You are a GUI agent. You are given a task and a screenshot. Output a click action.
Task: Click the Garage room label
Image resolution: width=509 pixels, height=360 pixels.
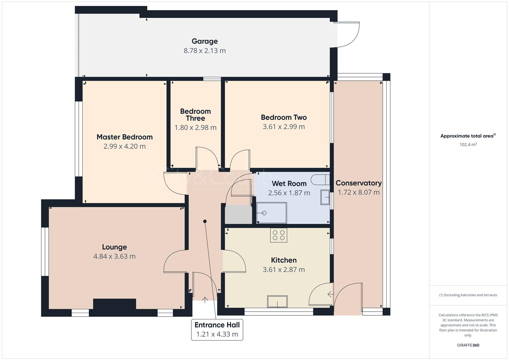[204, 41]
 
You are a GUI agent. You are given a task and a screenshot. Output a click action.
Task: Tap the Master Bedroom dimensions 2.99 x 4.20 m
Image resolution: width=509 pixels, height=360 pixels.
[124, 146]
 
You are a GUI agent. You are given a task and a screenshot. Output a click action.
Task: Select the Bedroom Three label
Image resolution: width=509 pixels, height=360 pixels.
[195, 115]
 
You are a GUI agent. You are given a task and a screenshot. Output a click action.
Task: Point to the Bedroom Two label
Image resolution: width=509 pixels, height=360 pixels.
[284, 117]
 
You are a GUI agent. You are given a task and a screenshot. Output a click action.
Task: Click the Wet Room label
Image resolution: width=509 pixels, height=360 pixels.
[289, 183]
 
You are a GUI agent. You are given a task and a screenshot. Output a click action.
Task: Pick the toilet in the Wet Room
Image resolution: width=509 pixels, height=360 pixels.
[320, 180]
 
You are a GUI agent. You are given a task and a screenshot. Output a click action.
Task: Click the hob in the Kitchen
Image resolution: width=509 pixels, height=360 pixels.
[279, 235]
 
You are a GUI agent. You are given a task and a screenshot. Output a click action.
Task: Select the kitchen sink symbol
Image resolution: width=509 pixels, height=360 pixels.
[277, 302]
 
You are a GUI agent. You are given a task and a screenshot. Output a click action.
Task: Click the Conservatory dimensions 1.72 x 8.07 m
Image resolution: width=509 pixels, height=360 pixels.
[358, 192]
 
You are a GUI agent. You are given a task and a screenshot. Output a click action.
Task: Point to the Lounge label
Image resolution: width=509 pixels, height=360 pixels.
[114, 247]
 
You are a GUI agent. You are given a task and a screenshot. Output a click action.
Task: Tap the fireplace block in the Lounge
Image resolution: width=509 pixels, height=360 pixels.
[114, 305]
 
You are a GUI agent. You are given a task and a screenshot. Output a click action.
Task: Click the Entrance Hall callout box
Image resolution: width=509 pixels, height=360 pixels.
[217, 330]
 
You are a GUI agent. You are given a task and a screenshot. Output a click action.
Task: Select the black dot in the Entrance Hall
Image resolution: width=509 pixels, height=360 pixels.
[205, 221]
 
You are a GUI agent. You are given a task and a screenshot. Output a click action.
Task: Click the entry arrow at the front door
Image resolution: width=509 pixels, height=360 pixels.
[204, 299]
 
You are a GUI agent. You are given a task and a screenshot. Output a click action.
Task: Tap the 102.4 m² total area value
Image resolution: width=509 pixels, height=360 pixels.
[468, 145]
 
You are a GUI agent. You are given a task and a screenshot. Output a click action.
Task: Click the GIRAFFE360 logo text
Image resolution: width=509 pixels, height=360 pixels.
[468, 345]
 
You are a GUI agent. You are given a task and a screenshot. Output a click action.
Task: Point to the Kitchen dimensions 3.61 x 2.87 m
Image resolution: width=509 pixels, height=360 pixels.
[284, 270]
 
